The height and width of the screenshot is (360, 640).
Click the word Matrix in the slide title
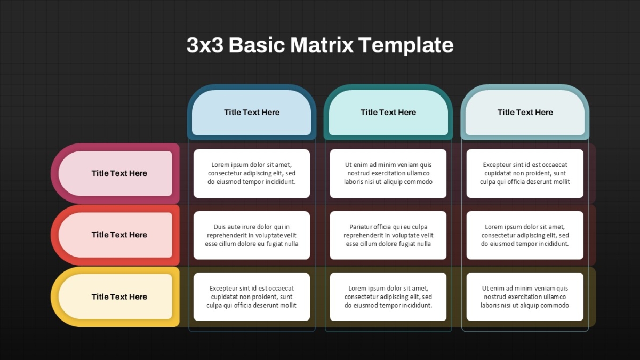tap(322, 45)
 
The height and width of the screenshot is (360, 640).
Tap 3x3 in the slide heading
tap(205, 45)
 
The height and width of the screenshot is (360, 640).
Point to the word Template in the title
tap(406, 45)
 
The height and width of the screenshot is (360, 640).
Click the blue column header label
tap(251, 113)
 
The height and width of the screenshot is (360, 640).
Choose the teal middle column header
tap(388, 113)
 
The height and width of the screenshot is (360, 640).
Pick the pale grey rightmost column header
tap(525, 113)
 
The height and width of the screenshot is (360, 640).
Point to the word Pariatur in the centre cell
tap(361, 227)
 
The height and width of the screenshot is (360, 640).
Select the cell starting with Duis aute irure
tap(252, 235)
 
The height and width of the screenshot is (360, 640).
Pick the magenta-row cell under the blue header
tap(252, 173)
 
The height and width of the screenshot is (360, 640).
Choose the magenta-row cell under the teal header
tap(388, 173)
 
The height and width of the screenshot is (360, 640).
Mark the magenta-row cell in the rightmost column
tap(525, 173)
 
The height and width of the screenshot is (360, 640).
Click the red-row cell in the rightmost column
tap(525, 235)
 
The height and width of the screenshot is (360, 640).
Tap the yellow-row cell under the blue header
tap(252, 297)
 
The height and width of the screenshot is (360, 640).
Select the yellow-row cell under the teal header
tap(388, 297)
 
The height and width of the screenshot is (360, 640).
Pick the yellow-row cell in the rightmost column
tap(525, 297)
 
